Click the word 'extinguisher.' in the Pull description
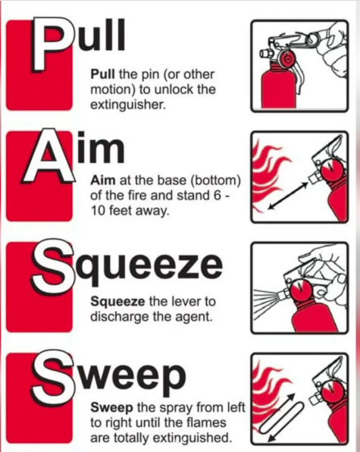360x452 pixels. coord(128,105)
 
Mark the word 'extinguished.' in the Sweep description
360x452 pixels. coord(193,438)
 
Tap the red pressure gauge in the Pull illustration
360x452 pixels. coord(288,59)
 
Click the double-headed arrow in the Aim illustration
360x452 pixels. coord(287,196)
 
